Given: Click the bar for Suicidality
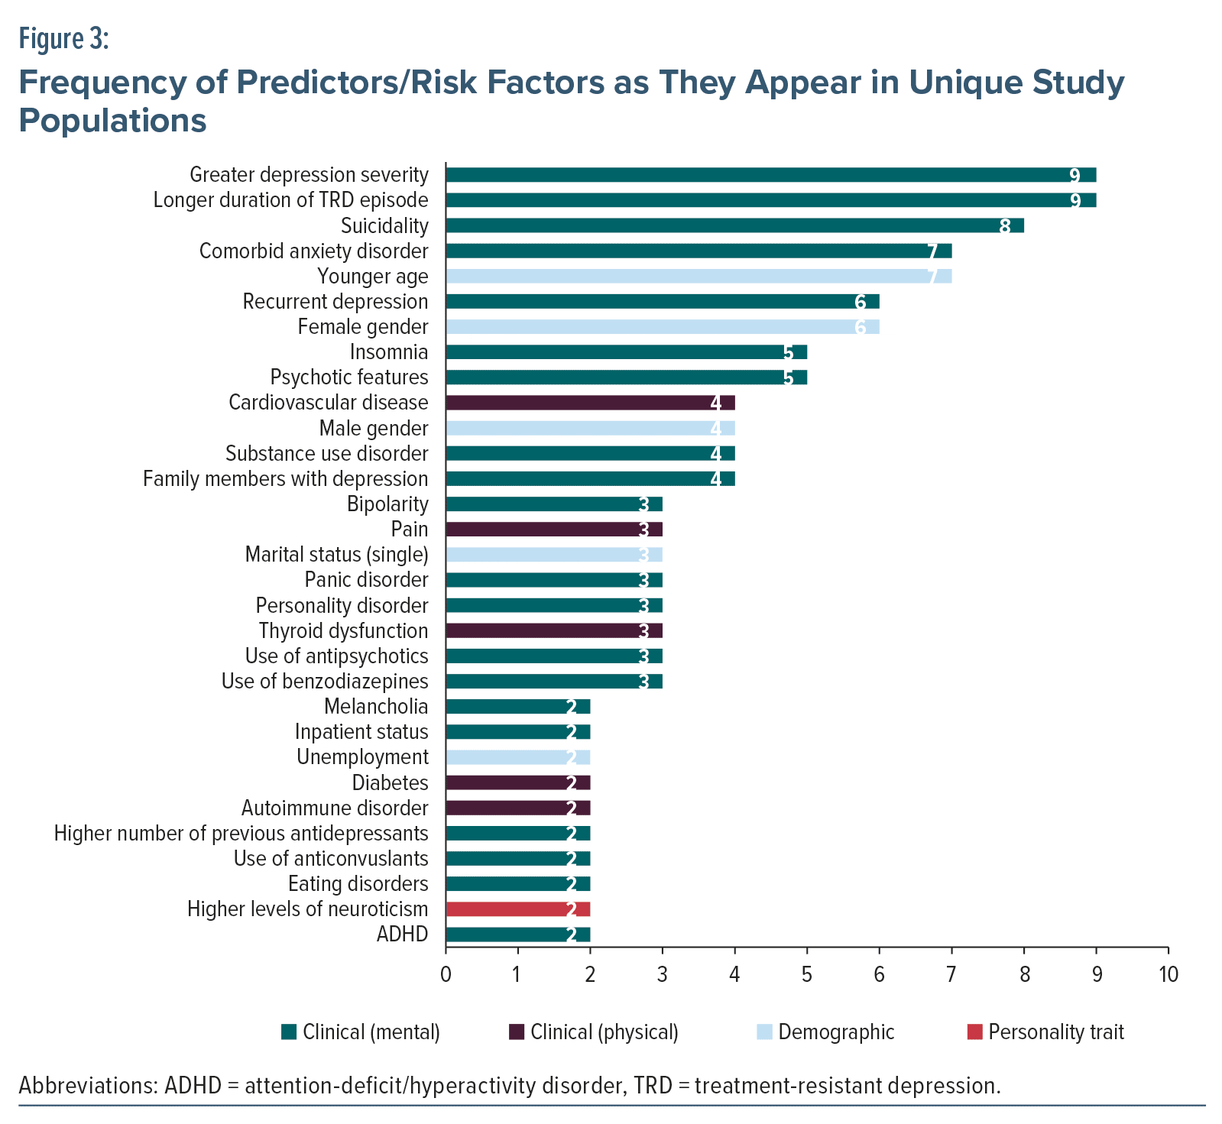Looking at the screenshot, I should [734, 225].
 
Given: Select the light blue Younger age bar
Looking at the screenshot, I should [698, 276].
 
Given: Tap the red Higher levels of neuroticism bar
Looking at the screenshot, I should [517, 909].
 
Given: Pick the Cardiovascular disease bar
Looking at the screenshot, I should [589, 403].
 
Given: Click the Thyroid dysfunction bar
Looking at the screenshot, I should [553, 630].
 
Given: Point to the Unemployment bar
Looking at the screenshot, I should [517, 757].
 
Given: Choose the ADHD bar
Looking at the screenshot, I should [517, 935].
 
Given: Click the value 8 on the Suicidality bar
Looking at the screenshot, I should [1004, 226].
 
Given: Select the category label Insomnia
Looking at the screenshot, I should [388, 352].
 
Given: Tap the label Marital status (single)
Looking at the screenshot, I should [336, 555].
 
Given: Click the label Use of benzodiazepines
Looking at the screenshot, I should [325, 681].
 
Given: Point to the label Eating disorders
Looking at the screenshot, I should [358, 884].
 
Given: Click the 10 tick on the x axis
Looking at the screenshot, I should [1169, 974].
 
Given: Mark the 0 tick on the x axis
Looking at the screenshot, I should [446, 974].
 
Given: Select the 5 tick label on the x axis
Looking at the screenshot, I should [807, 974].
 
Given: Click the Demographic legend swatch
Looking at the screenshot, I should [764, 1032].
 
